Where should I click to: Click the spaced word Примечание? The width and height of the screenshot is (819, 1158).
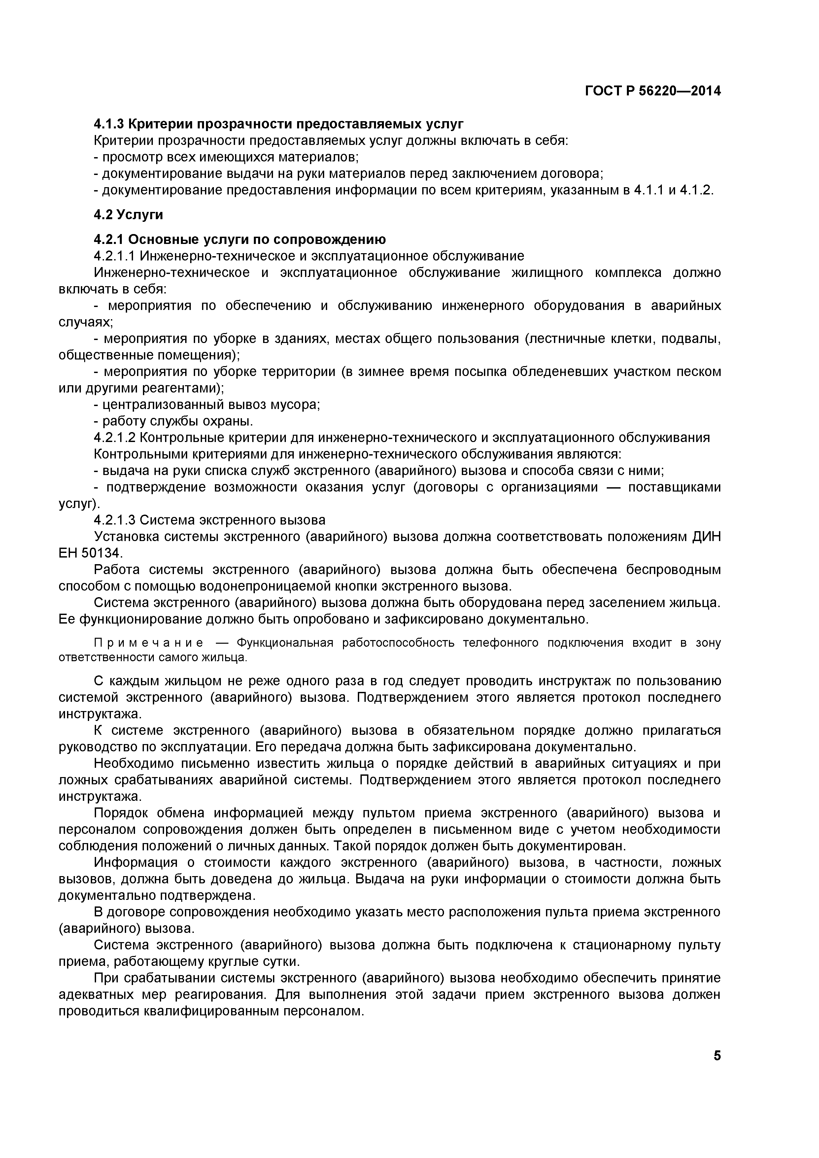149,643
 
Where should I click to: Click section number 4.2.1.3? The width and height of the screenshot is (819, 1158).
115,520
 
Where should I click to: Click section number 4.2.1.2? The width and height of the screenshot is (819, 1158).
115,437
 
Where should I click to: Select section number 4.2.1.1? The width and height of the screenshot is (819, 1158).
115,256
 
